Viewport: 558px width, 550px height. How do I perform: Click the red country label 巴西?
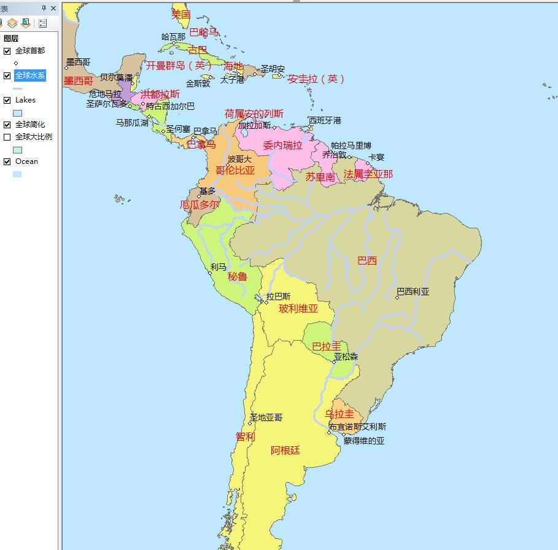(x=367, y=260)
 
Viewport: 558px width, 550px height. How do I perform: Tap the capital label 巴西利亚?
(x=413, y=292)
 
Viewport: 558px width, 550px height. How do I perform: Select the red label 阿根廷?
(x=285, y=450)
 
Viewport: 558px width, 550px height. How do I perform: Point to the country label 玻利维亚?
(x=298, y=309)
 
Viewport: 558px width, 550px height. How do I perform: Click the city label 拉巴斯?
(x=278, y=296)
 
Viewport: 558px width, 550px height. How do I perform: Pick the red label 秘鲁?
(x=237, y=276)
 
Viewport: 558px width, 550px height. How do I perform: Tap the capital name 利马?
(x=218, y=267)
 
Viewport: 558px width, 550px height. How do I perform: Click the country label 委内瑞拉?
(x=282, y=145)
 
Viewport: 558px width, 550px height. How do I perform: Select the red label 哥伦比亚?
(x=234, y=170)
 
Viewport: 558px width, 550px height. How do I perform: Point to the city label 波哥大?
(x=239, y=158)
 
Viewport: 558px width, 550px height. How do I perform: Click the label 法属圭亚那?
(x=368, y=174)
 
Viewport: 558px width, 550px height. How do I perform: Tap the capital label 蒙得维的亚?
(x=363, y=441)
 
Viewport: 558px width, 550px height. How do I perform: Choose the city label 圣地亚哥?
(x=266, y=417)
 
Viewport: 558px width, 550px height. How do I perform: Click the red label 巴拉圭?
(x=327, y=346)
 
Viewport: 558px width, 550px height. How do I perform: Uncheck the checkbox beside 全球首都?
(x=7, y=51)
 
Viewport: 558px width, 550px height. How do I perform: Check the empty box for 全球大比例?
(x=7, y=137)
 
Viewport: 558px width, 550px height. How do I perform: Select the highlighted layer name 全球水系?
(x=30, y=76)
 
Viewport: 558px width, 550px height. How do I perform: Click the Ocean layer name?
(x=26, y=161)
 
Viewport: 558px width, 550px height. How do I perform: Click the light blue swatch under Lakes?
(x=17, y=113)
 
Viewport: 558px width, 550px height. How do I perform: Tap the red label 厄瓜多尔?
(x=199, y=204)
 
